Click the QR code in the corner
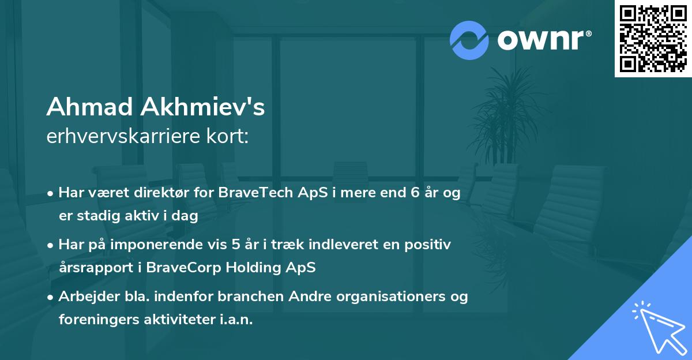653,38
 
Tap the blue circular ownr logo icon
469,40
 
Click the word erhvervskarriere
117,136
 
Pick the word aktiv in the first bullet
142,216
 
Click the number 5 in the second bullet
236,245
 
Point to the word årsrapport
93,268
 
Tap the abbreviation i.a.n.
234,320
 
